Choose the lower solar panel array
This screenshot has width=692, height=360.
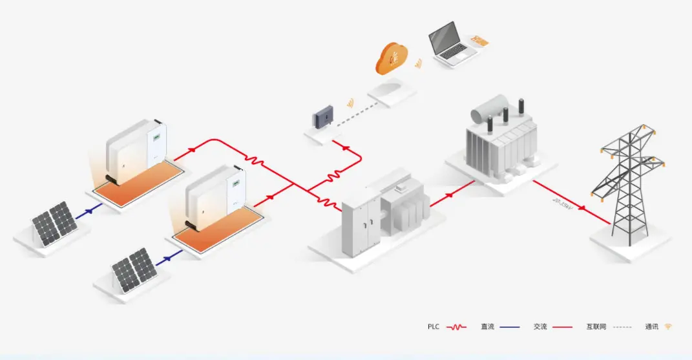click(x=134, y=268)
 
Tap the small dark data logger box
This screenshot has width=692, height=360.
click(x=322, y=118)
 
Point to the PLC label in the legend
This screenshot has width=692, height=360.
click(x=434, y=327)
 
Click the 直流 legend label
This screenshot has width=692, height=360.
click(x=488, y=327)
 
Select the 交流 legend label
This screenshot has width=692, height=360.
click(x=541, y=327)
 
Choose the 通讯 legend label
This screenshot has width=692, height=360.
click(x=652, y=327)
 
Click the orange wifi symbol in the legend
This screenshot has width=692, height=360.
click(x=668, y=327)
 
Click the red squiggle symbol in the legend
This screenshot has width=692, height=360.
click(x=456, y=327)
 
